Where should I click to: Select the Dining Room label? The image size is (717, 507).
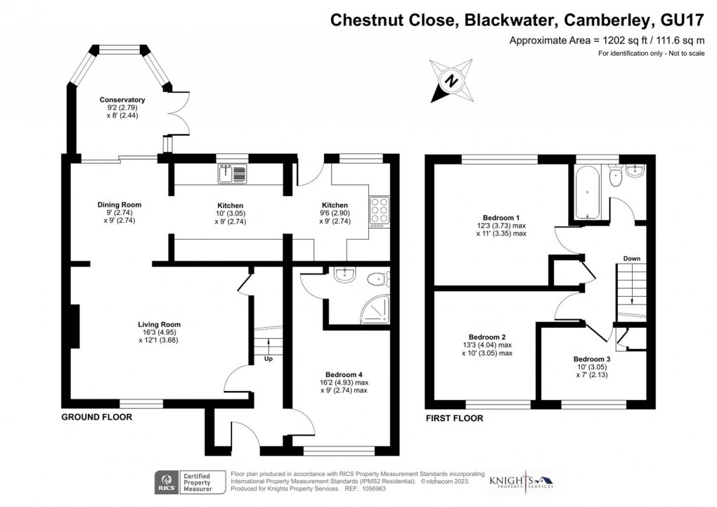115,205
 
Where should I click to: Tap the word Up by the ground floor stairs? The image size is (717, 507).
269,359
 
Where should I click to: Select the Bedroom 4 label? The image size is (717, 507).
344,374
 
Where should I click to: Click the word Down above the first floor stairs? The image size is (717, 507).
631,259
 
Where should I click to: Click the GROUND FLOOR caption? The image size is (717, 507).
96,417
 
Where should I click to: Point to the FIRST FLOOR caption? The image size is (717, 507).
455,418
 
